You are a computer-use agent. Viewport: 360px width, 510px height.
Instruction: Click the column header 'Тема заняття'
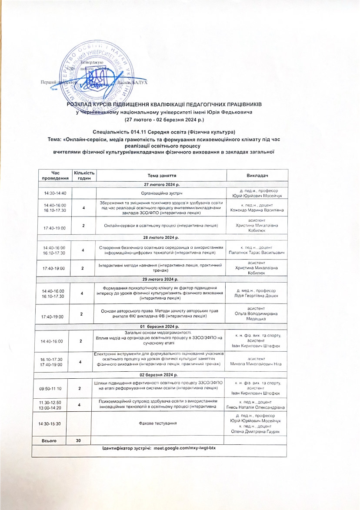(x=162, y=175)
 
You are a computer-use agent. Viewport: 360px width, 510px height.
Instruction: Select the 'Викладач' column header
(x=257, y=175)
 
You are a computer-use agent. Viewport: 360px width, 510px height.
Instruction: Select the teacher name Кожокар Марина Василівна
(x=257, y=210)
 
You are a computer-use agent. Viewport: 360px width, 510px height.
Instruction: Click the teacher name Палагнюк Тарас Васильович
(x=257, y=253)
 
